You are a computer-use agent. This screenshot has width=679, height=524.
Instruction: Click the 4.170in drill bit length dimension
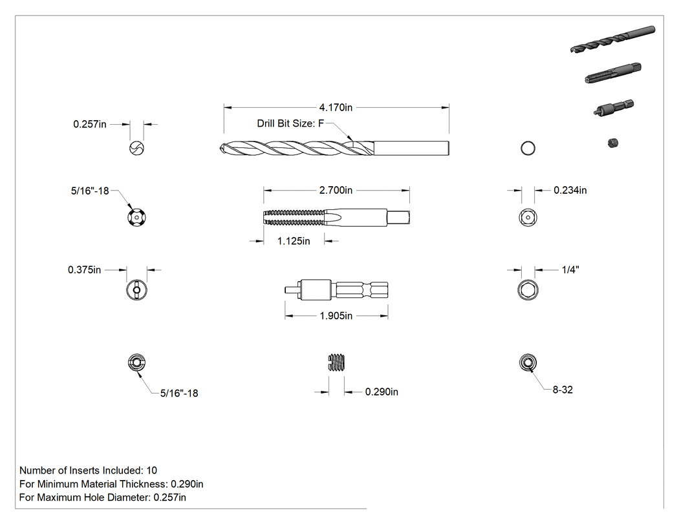point(336,107)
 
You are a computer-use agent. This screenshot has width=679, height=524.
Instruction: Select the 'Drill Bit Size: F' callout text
point(290,123)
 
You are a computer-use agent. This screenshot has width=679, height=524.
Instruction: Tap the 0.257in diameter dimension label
point(90,124)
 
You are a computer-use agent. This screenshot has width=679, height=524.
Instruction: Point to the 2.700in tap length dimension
point(336,190)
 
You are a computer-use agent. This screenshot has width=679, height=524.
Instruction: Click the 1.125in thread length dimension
point(294,241)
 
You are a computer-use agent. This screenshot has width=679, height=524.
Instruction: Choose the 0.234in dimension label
point(570,190)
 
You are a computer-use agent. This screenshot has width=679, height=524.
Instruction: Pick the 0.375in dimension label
point(85,269)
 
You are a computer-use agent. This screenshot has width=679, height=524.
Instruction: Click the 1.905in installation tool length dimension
point(336,316)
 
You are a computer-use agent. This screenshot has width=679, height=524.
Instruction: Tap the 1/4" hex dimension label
point(570,269)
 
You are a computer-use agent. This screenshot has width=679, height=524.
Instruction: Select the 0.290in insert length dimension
point(382,392)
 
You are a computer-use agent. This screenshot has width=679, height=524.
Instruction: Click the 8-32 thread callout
point(563,390)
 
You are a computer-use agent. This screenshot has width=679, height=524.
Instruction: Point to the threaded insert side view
point(336,362)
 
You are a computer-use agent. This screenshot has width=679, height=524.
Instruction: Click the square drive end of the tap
point(398,217)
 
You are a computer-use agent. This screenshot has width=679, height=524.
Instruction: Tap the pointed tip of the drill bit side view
point(221,149)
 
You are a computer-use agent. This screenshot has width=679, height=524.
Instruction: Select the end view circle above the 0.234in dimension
point(528,149)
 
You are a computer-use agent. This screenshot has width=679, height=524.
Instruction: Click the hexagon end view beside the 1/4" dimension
point(528,289)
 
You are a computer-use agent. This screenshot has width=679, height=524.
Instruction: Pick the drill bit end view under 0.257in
point(137,149)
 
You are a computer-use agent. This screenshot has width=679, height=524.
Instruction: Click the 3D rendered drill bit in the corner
point(613,39)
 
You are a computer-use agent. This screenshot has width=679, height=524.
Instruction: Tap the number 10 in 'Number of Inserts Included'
point(151,470)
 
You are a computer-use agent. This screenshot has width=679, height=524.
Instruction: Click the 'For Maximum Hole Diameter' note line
point(103,498)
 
